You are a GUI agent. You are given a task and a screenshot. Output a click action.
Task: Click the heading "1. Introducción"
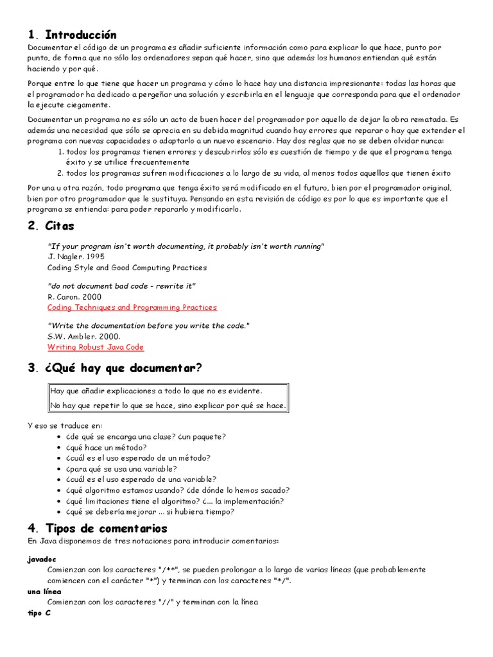tap(72, 35)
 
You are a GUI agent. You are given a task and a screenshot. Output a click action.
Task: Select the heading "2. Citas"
tap(51, 225)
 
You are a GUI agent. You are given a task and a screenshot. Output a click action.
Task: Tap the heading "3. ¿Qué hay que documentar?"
tap(115, 368)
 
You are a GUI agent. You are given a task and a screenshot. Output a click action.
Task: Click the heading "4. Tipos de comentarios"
tap(97, 528)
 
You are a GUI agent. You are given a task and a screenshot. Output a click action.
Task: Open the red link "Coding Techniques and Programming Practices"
tap(132, 307)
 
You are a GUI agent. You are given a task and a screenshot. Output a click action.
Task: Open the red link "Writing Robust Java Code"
tap(96, 347)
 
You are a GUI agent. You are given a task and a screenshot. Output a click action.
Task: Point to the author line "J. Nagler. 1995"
tap(76, 257)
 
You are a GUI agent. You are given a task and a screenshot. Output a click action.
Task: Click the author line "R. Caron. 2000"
tap(74, 297)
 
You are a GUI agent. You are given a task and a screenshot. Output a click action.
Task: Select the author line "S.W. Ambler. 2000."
tap(83, 336)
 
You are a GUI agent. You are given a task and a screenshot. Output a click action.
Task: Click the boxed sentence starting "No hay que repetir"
tap(168, 405)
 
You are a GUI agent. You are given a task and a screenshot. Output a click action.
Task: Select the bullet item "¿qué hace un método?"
tap(106, 447)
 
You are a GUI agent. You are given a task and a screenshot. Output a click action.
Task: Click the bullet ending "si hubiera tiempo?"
tap(150, 511)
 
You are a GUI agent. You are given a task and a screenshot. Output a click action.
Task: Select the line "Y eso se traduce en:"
tap(64, 426)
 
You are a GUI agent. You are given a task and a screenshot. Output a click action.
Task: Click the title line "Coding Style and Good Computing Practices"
tap(127, 268)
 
